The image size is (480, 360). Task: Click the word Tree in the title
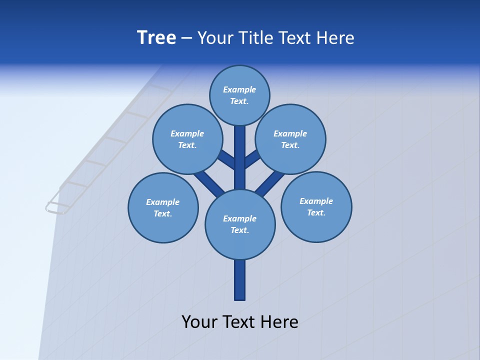point(156,38)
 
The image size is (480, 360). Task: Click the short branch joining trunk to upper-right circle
point(252,159)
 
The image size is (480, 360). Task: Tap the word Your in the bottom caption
point(200,322)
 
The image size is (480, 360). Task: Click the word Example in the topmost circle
point(239,89)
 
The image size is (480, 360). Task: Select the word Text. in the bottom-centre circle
point(239,230)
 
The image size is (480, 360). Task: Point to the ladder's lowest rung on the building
point(58,207)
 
